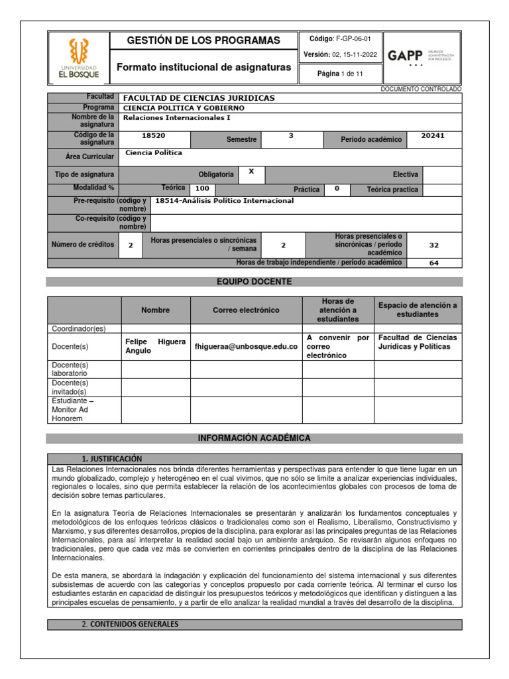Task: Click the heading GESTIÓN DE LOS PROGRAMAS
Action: point(203,40)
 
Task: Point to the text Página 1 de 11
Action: point(340,74)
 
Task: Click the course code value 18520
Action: point(154,135)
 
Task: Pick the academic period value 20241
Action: point(433,135)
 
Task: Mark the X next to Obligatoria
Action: point(251,171)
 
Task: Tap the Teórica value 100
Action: point(201,189)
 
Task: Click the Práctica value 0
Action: point(337,188)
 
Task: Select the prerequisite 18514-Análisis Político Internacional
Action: point(224,200)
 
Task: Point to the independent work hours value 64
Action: point(434,263)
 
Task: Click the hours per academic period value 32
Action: point(434,245)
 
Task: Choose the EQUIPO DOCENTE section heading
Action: point(254,282)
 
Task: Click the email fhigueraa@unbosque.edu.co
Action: point(246,347)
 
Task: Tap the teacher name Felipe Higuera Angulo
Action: point(155,346)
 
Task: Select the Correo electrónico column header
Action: point(246,310)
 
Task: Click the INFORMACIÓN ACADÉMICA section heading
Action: point(254,438)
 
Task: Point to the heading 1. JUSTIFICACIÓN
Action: point(111,459)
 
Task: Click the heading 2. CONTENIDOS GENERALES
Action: point(130,624)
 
